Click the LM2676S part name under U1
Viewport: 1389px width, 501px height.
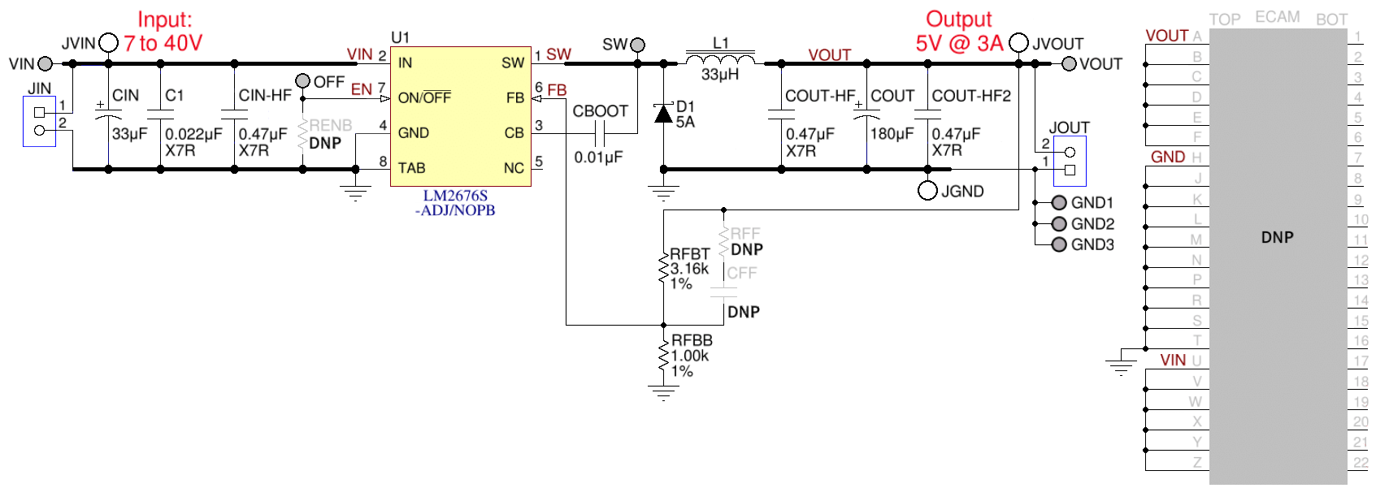455,196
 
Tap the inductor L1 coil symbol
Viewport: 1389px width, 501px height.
720,58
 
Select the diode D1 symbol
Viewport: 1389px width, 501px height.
664,114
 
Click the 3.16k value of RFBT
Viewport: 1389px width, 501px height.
689,269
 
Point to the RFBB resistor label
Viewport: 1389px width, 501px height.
692,340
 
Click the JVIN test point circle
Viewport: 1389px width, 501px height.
108,43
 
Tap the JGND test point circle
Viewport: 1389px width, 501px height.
927,191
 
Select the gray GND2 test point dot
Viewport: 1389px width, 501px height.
1059,223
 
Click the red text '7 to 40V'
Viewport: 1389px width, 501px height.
163,43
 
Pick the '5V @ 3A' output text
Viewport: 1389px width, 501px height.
959,43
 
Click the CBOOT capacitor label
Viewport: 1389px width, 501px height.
600,111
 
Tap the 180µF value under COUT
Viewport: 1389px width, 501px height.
892,133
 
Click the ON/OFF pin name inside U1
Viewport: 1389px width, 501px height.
424,97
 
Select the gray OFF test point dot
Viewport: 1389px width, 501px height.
302,80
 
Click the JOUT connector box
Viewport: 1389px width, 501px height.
1070,161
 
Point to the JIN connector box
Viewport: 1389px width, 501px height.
39,121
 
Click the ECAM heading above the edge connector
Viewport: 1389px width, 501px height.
1277,17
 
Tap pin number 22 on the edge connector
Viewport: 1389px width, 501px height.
1361,462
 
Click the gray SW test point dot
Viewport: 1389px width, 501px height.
638,45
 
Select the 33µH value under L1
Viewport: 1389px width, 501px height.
720,75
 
